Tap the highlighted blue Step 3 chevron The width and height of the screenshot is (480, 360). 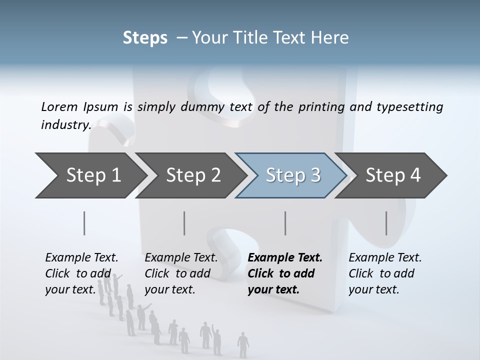[x=293, y=175]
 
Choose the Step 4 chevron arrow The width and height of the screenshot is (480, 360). [x=393, y=175]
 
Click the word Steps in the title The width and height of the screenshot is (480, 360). [x=145, y=38]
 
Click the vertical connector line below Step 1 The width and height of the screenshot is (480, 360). [x=84, y=223]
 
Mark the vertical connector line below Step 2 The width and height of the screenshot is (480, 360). [x=184, y=223]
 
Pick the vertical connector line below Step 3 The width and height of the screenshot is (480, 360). [x=285, y=223]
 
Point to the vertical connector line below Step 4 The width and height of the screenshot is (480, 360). [x=386, y=223]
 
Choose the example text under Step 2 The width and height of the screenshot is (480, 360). [x=181, y=273]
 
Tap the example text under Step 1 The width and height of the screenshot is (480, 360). [x=81, y=273]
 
